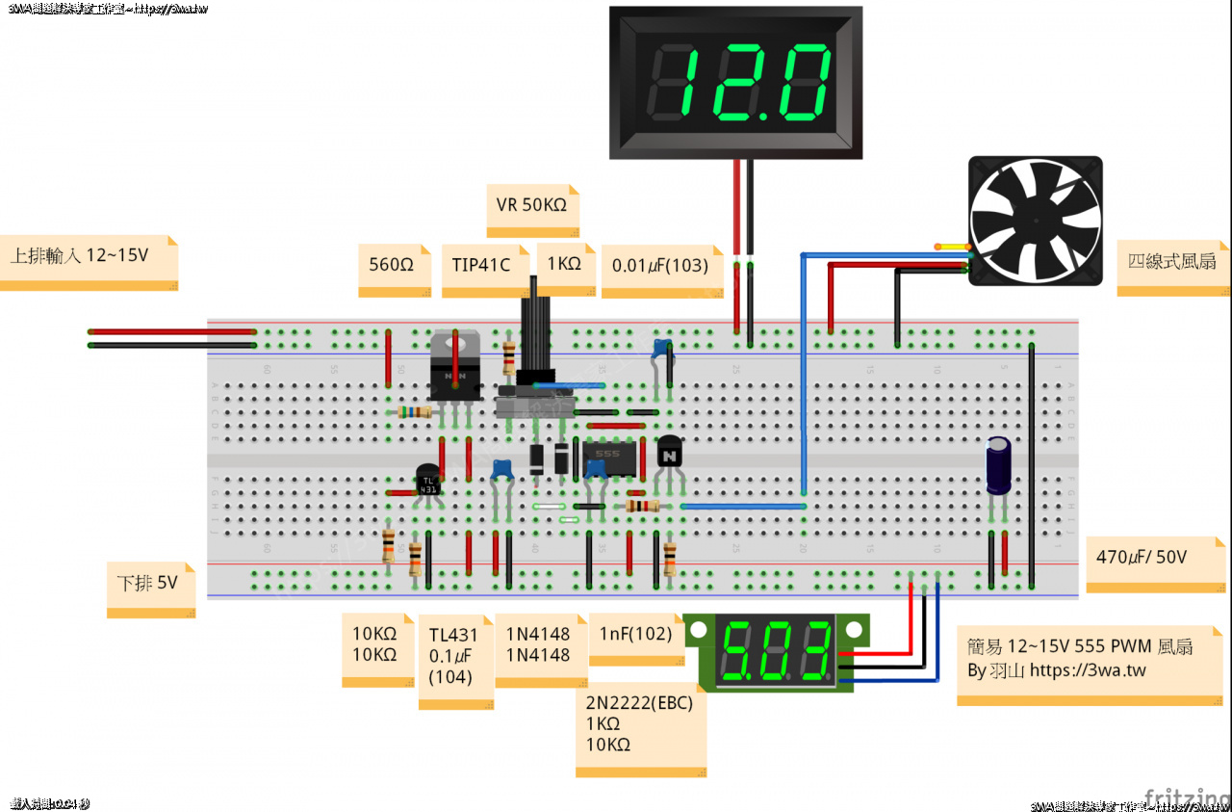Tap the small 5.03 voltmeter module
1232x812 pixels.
(778, 652)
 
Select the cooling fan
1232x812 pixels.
(1035, 221)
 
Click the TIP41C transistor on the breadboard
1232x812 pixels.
(454, 368)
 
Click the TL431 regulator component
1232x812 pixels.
(428, 479)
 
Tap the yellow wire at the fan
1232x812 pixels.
(953, 247)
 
